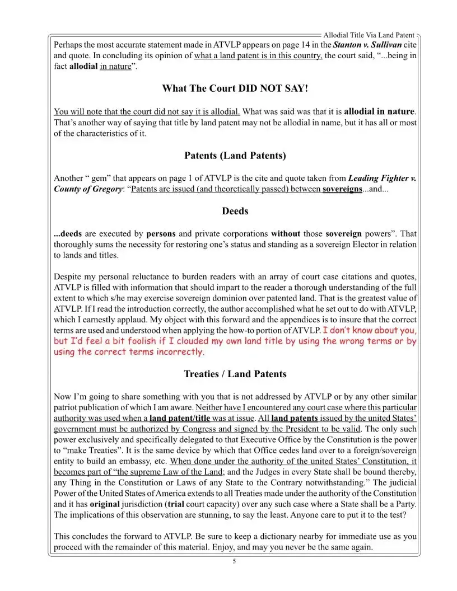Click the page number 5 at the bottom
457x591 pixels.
tap(235, 561)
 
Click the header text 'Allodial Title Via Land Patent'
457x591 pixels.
tap(369, 35)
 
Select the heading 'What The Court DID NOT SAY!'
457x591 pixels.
tap(235, 88)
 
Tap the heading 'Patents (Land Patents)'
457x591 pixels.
tap(235, 156)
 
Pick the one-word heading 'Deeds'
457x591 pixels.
tap(235, 211)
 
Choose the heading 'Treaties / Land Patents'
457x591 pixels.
tap(235, 374)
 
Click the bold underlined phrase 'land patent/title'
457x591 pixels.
tap(180, 418)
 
